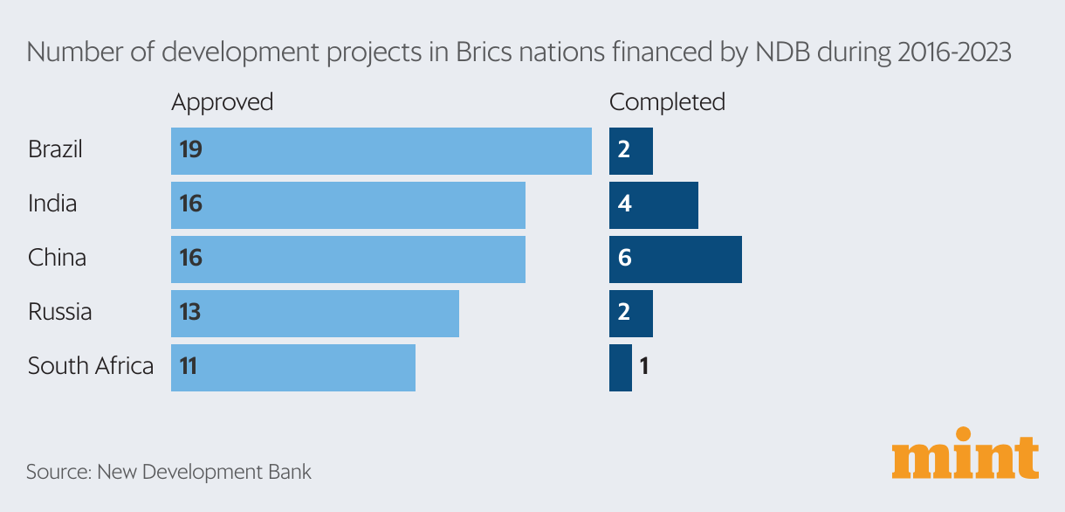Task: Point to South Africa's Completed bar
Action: (x=620, y=367)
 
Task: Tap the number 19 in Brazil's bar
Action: (x=190, y=149)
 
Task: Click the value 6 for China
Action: (x=623, y=259)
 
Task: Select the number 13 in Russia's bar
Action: (x=190, y=312)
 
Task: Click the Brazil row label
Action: (x=55, y=149)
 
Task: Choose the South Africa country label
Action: (x=91, y=366)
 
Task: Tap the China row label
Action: (x=57, y=258)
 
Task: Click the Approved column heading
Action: (x=222, y=102)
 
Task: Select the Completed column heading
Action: (x=667, y=102)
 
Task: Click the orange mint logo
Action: (x=965, y=453)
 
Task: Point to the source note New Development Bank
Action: (x=168, y=473)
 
